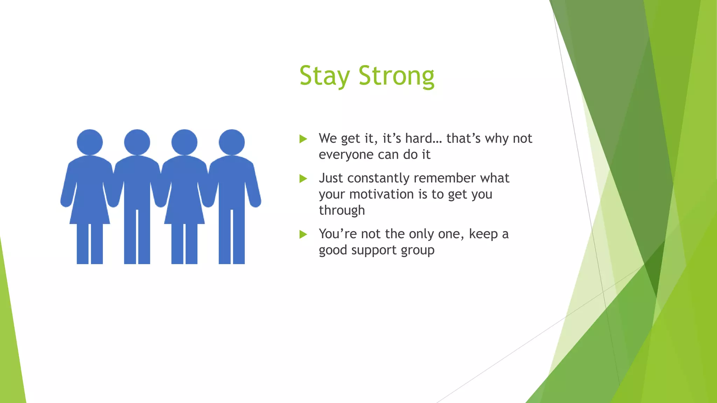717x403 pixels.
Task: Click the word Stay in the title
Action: tap(324, 76)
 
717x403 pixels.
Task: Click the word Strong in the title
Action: tap(396, 76)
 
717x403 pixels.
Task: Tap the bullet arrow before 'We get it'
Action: tap(303, 139)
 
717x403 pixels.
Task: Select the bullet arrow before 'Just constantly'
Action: tap(303, 179)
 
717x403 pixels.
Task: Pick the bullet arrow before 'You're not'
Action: tap(303, 234)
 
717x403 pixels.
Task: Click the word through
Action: tap(342, 211)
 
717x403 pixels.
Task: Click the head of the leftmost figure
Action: tap(90, 142)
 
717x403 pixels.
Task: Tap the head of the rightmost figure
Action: tap(231, 142)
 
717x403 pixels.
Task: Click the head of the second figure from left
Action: tap(137, 142)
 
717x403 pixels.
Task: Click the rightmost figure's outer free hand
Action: tap(256, 202)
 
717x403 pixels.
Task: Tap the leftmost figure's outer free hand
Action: tap(65, 202)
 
